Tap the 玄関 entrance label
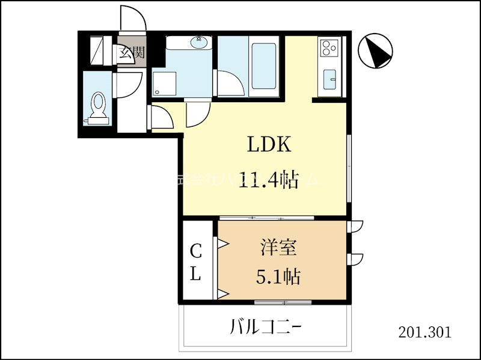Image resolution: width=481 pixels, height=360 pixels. tap(131, 52)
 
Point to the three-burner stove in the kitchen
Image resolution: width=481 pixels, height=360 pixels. tap(329, 47)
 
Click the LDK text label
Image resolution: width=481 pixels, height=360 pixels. tap(269, 145)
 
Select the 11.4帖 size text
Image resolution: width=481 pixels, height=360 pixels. tap(269, 180)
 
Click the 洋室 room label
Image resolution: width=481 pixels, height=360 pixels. tap(277, 248)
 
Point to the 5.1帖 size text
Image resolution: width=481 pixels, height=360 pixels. tap(277, 276)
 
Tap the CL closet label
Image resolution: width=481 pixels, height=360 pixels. tap(195, 262)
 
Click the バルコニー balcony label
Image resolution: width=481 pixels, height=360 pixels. tap(265, 328)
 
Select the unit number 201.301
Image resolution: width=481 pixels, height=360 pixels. tap(424, 332)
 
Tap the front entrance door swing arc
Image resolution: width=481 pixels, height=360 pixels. tap(133, 17)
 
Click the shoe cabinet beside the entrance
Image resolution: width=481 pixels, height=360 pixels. tap(97, 51)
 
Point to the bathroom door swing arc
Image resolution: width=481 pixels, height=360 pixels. tap(230, 84)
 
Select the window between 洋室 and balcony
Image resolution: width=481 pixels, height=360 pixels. tap(274, 302)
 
